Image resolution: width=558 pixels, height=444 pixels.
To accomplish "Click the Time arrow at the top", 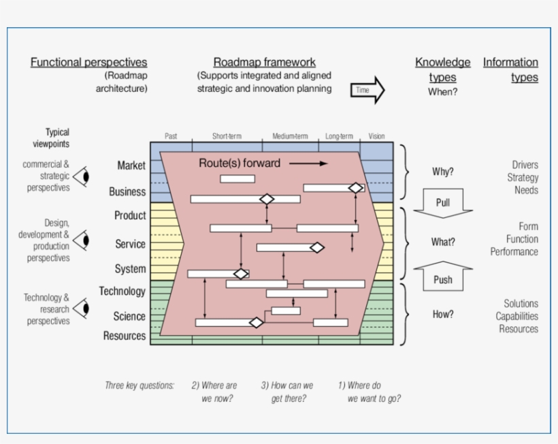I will tap(367, 90).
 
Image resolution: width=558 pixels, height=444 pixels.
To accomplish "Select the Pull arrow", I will tap(442, 203).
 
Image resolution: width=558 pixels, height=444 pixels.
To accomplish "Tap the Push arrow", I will tap(442, 276).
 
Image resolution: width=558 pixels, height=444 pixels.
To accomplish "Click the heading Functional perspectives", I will tap(88, 63).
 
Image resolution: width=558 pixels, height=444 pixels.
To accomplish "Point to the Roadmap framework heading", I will tap(265, 63).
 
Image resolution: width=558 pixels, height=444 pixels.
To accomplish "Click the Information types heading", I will tap(511, 69).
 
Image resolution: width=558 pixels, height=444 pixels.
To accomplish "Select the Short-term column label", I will tap(227, 136).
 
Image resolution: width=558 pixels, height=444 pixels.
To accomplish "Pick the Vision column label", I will tap(376, 136).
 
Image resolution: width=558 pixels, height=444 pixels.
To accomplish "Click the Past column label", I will tap(171, 136).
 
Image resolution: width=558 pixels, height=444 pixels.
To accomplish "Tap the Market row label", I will tap(131, 165).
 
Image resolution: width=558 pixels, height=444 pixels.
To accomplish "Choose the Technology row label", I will tap(122, 291).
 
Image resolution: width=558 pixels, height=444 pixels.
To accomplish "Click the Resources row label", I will tap(125, 336).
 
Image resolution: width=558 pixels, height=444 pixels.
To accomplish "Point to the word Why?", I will tap(443, 172).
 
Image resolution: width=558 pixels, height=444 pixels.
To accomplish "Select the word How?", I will tap(442, 315).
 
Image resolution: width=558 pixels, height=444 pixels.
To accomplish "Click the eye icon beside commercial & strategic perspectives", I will tap(82, 176).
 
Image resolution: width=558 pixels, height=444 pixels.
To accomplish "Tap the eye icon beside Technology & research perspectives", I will tap(82, 308).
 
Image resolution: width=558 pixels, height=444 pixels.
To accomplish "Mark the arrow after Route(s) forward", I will tap(312, 163).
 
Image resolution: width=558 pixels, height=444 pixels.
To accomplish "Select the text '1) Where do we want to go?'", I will tap(370, 392).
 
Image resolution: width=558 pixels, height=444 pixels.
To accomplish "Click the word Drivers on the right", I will tap(525, 165).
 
